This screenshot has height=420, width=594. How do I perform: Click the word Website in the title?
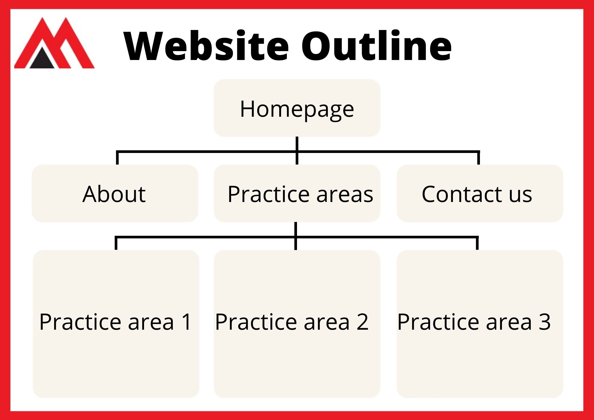tap(206, 46)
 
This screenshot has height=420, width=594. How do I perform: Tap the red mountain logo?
tap(54, 43)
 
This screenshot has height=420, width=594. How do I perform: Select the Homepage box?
tap(297, 108)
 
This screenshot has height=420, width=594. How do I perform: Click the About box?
tap(115, 193)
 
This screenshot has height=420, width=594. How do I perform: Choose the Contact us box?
tap(480, 193)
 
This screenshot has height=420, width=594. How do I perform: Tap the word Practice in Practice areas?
tap(269, 194)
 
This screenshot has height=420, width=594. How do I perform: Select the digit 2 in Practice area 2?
tap(363, 322)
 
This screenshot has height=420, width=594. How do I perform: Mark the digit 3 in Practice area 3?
tap(545, 322)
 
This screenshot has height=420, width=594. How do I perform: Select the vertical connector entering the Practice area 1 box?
tap(116, 243)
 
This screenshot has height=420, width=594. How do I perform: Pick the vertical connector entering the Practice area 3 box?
tap(477, 243)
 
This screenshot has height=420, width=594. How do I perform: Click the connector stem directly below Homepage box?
tap(297, 151)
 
